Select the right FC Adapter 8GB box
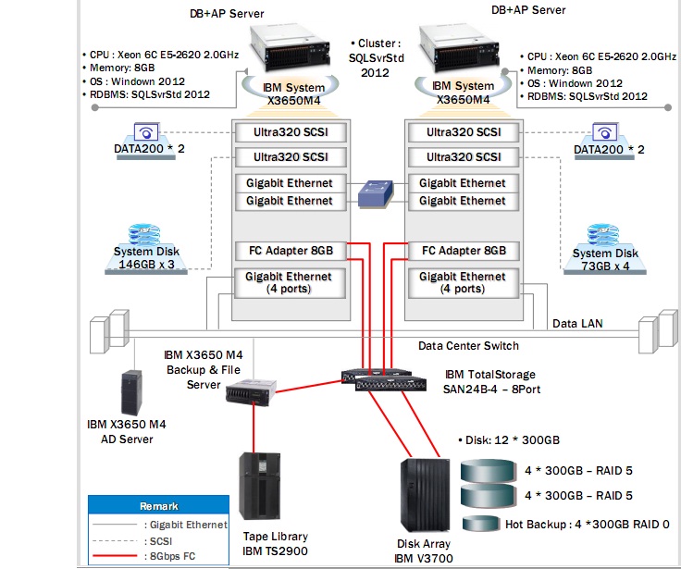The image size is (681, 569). tap(464, 251)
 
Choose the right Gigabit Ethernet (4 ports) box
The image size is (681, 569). tap(464, 282)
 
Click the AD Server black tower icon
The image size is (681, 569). tap(131, 394)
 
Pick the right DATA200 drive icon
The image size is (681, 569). tap(605, 131)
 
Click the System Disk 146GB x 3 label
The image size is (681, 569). tap(146, 258)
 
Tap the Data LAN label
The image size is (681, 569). tap(577, 325)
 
